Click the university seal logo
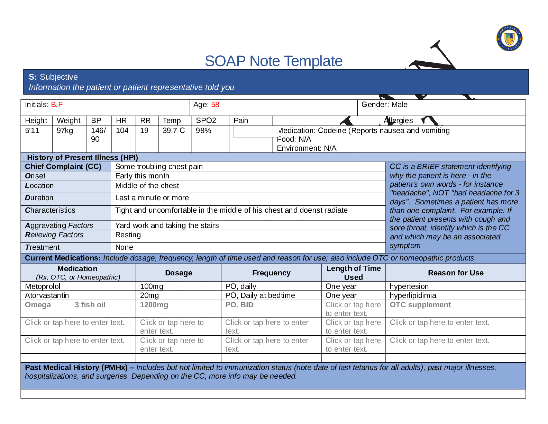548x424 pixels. click(509, 38)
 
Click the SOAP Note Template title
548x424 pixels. click(273, 61)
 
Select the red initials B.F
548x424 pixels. click(57, 105)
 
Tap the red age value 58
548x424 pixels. click(215, 105)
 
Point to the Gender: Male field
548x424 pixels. click(384, 105)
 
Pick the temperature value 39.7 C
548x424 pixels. click(174, 131)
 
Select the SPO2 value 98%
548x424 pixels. click(203, 131)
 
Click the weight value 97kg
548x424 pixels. click(65, 131)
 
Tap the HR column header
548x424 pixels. click(121, 121)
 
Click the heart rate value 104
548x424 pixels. click(122, 131)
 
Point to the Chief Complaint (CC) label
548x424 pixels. click(63, 167)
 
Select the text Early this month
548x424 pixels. click(142, 176)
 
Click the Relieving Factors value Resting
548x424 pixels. click(128, 235)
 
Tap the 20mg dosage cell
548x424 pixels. click(149, 295)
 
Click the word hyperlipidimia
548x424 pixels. click(413, 295)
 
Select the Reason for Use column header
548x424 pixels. click(456, 273)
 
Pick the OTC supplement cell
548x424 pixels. click(420, 305)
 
